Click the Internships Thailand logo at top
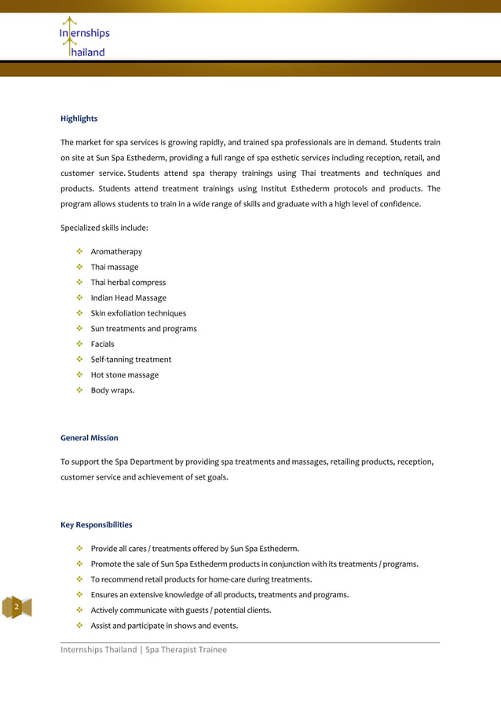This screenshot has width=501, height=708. point(84,38)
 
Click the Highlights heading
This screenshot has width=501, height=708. point(79,119)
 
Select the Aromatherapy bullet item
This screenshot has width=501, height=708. point(116,252)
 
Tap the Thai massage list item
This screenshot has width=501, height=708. point(114,267)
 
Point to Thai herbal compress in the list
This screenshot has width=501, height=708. point(128,283)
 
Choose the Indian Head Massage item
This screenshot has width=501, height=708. point(128,298)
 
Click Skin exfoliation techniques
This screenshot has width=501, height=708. point(138,313)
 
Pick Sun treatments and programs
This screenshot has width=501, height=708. point(144,329)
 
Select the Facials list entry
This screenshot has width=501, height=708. point(102,344)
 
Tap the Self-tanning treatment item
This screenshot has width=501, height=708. point(130,359)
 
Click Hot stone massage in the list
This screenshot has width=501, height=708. point(124,375)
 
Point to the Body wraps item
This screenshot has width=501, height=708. point(112,390)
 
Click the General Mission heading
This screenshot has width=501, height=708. point(90,437)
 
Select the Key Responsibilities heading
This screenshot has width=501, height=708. point(96,524)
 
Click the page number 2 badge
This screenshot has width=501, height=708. point(16,608)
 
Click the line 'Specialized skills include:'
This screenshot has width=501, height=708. point(104,228)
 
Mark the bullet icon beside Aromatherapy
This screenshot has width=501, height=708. point(79,252)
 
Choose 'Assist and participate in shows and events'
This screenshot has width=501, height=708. point(164,626)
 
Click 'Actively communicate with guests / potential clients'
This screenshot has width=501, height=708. point(181,610)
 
